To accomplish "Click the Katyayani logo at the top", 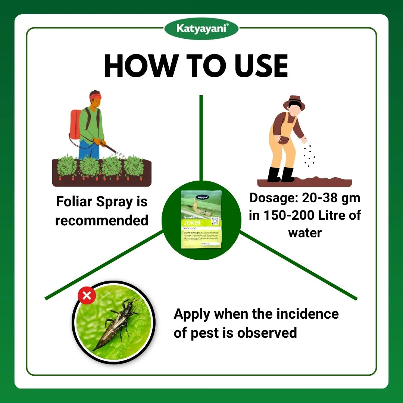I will point(201,28).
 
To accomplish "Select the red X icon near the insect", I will point(87,296).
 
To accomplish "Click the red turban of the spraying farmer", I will point(95,96).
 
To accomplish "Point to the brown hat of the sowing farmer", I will point(294,102).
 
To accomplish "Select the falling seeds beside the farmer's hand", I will point(309,155).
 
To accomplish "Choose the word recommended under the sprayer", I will point(101,220).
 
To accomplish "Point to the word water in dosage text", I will point(304,233).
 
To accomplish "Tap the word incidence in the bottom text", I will point(307,314).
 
